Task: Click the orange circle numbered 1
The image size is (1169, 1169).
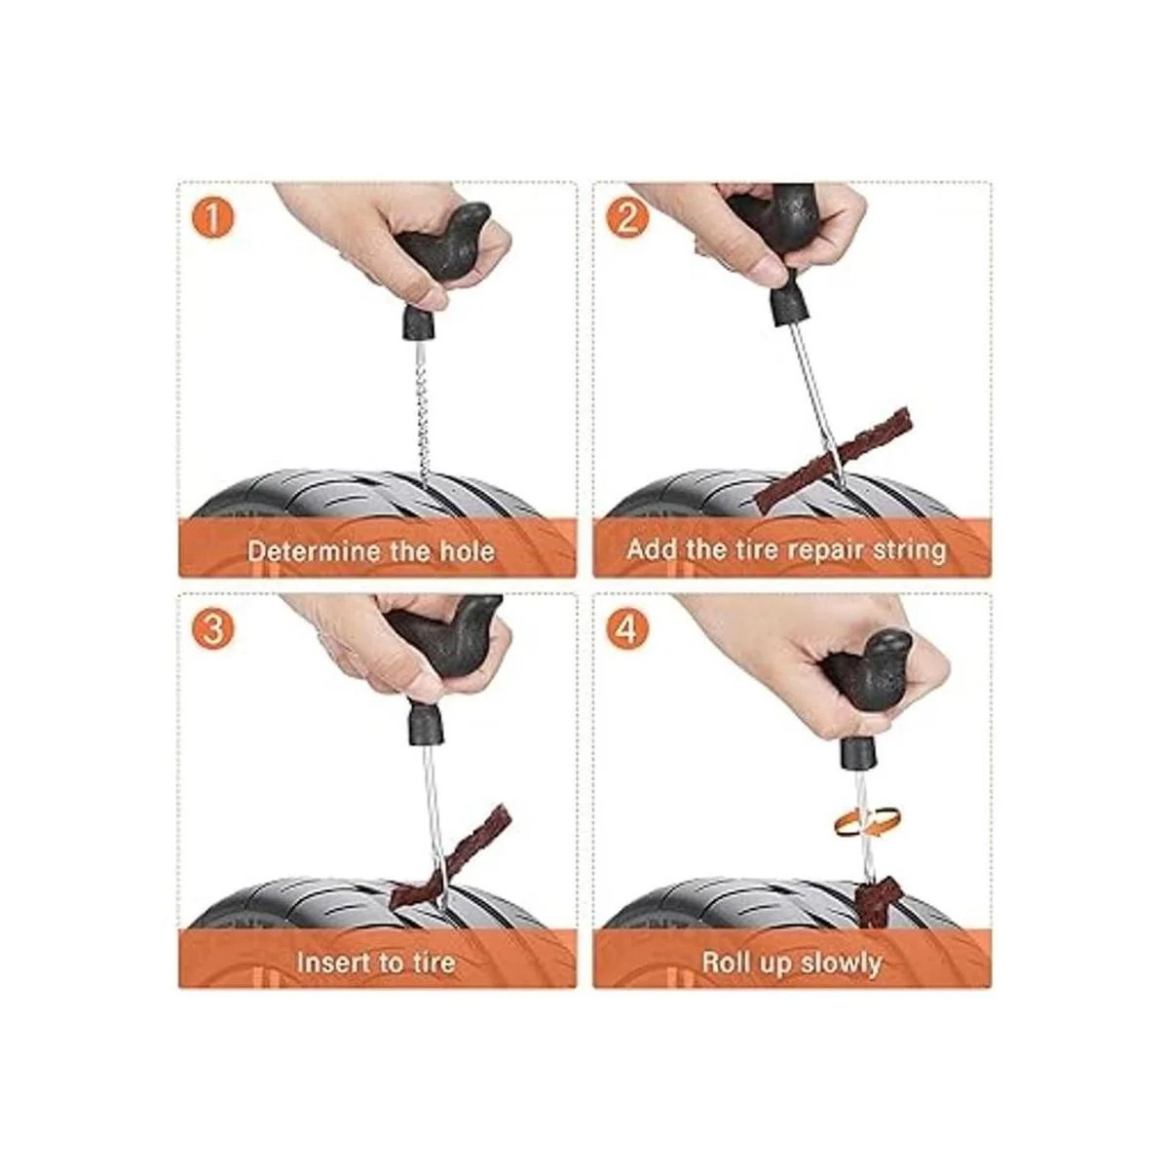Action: click(213, 218)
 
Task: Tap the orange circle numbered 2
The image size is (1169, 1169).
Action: click(626, 218)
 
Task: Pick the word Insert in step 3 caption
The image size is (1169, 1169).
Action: click(330, 962)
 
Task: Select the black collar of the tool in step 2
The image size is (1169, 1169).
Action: click(789, 307)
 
